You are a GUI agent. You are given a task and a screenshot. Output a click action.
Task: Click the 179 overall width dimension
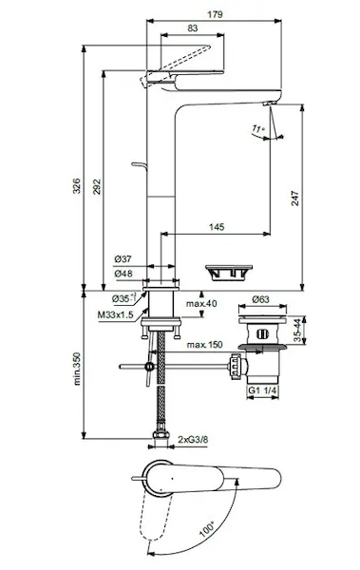point(215,14)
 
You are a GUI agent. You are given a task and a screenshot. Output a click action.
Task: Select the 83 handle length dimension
point(193,28)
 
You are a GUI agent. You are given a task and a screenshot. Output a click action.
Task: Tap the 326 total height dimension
point(77,186)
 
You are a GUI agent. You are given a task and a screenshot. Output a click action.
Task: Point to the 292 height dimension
point(97,186)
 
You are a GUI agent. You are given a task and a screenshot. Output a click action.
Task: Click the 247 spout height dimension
point(294,199)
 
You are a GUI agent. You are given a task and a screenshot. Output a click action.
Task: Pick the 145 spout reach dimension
point(217,227)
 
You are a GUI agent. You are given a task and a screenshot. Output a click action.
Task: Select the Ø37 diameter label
point(123,259)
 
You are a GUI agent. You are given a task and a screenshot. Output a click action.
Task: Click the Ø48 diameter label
point(123,274)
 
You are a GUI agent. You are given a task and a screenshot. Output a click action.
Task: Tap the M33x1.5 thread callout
point(116,314)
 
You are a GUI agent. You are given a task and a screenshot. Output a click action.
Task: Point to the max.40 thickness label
point(201,303)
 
